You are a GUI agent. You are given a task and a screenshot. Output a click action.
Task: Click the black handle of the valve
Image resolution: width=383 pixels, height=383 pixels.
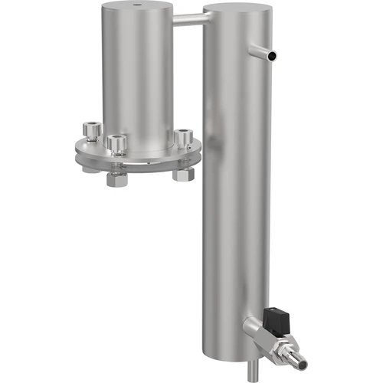point(275,316)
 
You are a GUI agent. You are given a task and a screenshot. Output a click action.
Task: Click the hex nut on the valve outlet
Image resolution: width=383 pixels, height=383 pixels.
point(286,342)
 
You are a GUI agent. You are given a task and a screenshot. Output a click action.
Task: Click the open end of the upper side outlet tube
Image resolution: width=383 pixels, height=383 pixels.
point(273,56)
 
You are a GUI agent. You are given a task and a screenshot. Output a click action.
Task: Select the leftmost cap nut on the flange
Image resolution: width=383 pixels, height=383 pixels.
point(90,131)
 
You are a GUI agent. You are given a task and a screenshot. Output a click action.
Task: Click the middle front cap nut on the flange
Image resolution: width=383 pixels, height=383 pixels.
point(116,143)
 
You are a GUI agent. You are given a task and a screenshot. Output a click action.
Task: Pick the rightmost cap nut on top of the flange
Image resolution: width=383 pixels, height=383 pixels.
point(183,138)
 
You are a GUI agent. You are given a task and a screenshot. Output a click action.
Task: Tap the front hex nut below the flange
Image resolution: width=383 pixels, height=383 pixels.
point(116,181)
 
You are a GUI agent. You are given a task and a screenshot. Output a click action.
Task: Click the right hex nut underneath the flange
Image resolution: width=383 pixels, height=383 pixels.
point(184,174)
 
